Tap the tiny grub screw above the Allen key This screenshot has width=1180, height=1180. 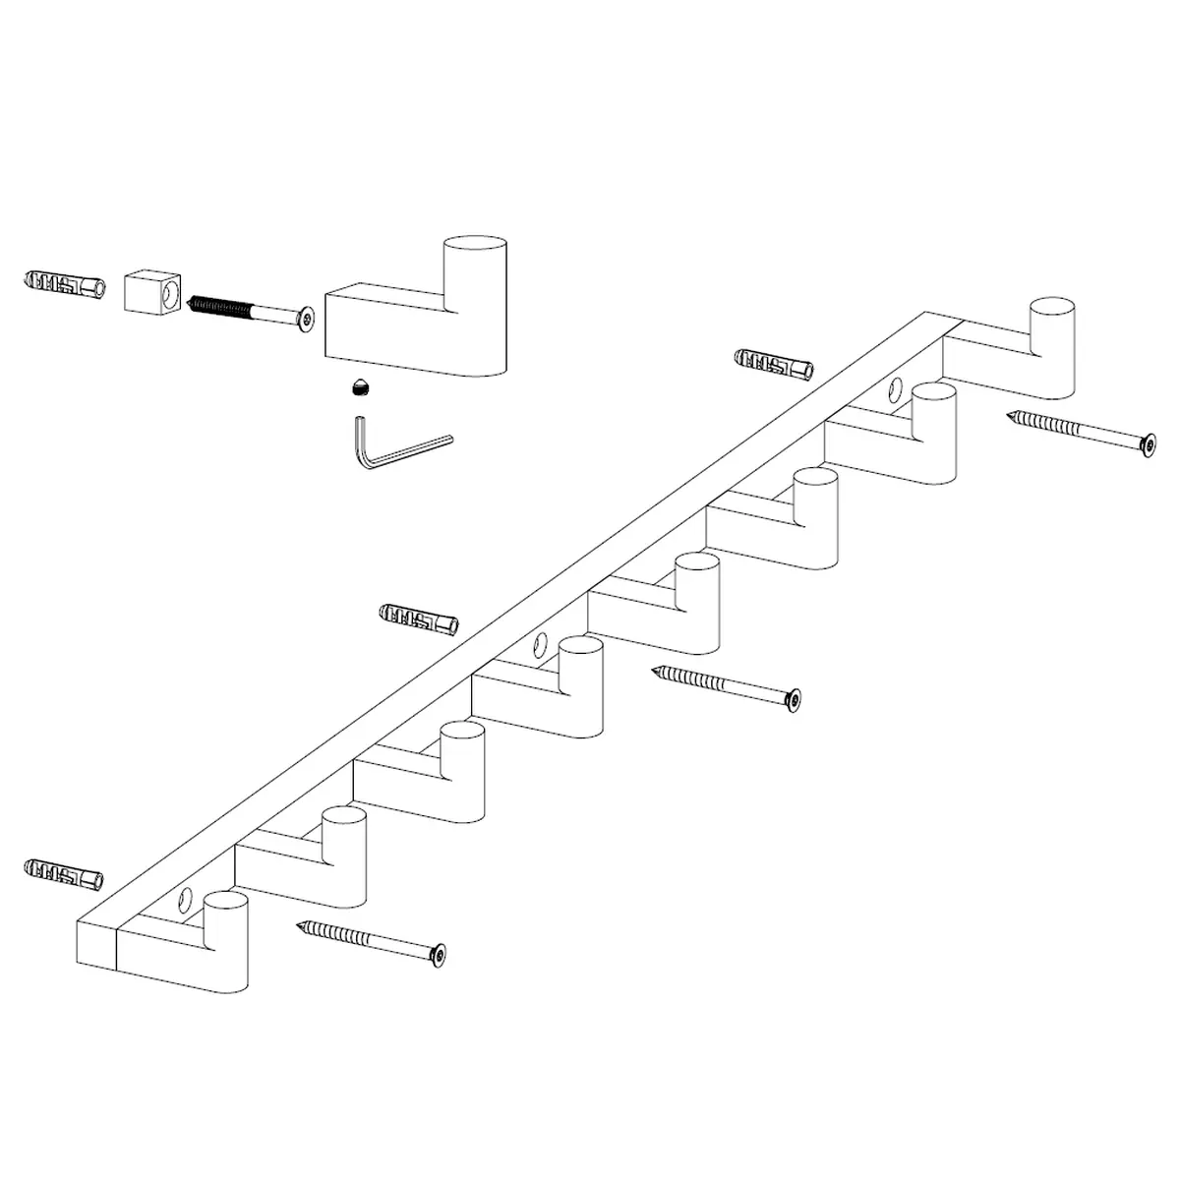(x=360, y=389)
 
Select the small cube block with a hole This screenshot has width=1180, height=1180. (x=153, y=292)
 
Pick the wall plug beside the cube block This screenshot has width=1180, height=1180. (x=63, y=285)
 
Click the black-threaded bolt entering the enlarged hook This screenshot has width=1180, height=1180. (x=251, y=310)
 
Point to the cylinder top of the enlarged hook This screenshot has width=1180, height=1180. (x=475, y=248)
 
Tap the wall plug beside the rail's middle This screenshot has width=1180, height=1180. (x=419, y=619)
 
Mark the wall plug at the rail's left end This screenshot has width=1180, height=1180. (x=63, y=871)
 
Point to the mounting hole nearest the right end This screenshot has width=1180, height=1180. (x=896, y=389)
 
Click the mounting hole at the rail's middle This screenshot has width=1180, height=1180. (x=540, y=645)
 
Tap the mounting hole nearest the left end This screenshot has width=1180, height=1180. (x=186, y=898)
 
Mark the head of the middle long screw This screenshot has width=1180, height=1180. (x=794, y=699)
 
